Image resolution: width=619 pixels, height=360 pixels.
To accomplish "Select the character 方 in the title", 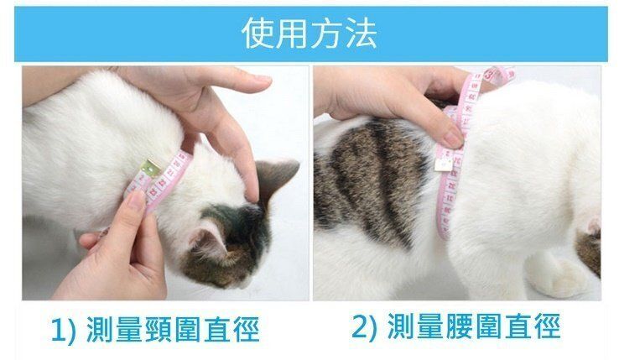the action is pos(326,34).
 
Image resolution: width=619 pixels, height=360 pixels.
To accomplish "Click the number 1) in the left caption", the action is pos(63,329).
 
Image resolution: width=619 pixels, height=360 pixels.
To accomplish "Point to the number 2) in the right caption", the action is pos(364,326).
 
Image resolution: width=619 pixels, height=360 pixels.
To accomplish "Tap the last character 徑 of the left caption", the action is pos(246,329).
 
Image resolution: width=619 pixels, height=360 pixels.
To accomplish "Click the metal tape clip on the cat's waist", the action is pos(443,162).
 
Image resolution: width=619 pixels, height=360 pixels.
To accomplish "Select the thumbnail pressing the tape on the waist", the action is pos(453,139).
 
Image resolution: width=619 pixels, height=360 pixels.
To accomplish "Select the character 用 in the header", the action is pos(291,34).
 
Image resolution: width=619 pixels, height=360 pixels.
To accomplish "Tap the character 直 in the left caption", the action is pos(216,329).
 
